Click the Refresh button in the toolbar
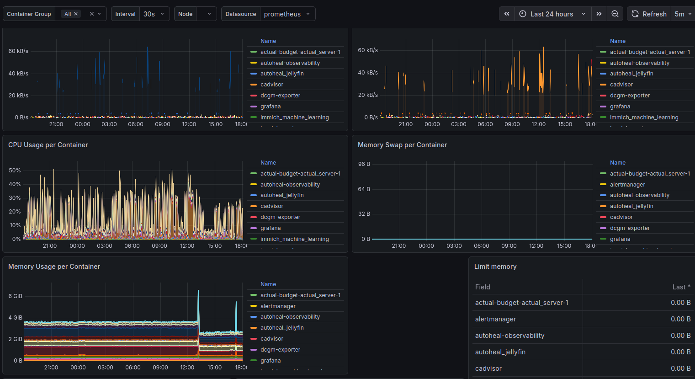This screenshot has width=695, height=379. pyautogui.click(x=649, y=14)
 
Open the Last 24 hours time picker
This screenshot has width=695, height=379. pyautogui.click(x=552, y=14)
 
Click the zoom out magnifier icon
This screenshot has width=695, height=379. pyautogui.click(x=615, y=14)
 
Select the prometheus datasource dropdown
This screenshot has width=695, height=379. pyautogui.click(x=287, y=14)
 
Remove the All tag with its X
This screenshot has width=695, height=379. pyautogui.click(x=76, y=14)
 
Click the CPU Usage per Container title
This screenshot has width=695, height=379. pyautogui.click(x=48, y=145)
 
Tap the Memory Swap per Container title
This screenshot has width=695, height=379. pyautogui.click(x=402, y=145)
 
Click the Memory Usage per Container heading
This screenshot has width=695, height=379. pyautogui.click(x=54, y=267)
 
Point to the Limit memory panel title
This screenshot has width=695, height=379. pyautogui.click(x=495, y=267)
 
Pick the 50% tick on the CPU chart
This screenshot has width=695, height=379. pyautogui.click(x=15, y=171)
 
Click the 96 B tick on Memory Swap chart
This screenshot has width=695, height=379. pyautogui.click(x=364, y=164)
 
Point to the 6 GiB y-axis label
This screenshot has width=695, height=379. pyautogui.click(x=15, y=296)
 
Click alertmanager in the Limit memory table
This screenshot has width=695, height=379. pyautogui.click(x=495, y=319)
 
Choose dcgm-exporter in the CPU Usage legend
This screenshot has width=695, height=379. pyautogui.click(x=280, y=217)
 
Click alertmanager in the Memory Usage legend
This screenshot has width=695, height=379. pyautogui.click(x=278, y=306)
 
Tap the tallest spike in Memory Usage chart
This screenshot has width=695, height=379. pyautogui.click(x=198, y=292)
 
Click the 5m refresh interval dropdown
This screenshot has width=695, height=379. pyautogui.click(x=683, y=14)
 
